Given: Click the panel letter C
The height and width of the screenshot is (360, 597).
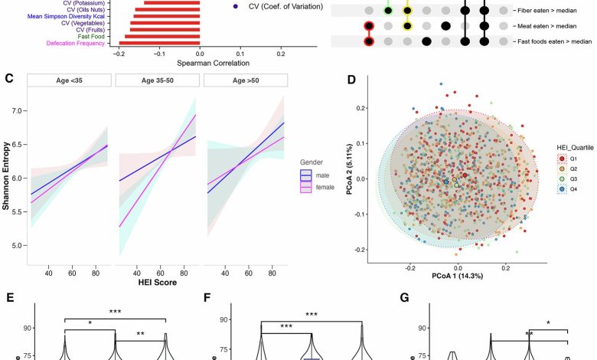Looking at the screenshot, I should tap(8, 77).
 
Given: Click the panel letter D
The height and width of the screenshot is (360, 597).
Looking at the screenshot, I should tap(351, 79).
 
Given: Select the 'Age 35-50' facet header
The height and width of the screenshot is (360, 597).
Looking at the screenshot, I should tap(158, 80).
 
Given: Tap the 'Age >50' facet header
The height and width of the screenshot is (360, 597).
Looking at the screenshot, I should tap(248, 80).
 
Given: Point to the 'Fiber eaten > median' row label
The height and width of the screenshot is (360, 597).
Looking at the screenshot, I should tap(551, 11).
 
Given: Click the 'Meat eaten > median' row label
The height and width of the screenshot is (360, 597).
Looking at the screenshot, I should tap(551, 26).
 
